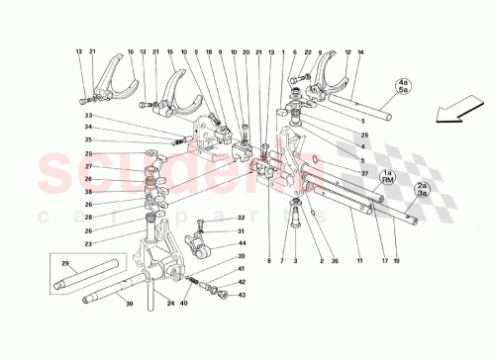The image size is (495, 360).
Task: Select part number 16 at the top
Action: [129, 51]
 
